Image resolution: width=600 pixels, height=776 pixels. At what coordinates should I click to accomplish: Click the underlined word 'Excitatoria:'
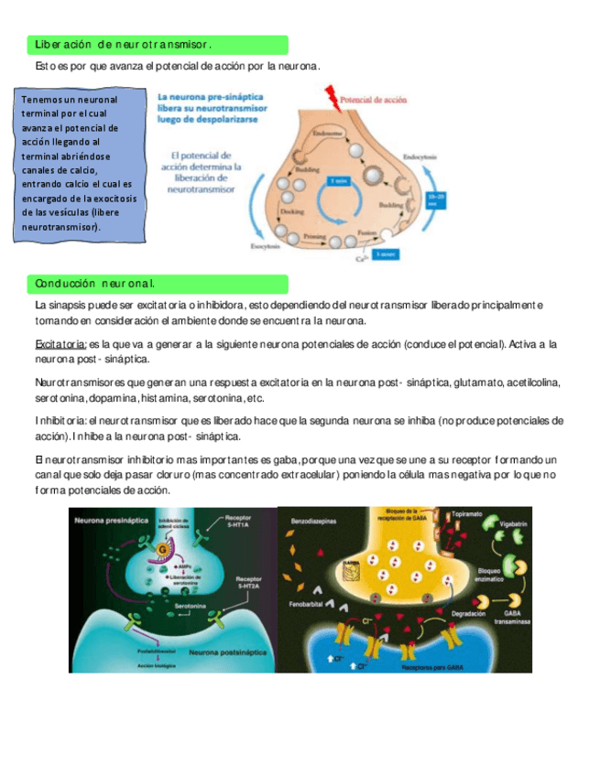point(60,344)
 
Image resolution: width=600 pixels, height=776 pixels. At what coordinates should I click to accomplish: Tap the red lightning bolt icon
point(327,99)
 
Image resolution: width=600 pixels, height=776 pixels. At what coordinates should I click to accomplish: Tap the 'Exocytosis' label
point(266,246)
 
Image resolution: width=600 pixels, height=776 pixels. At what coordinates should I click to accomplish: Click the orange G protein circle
point(164,549)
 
